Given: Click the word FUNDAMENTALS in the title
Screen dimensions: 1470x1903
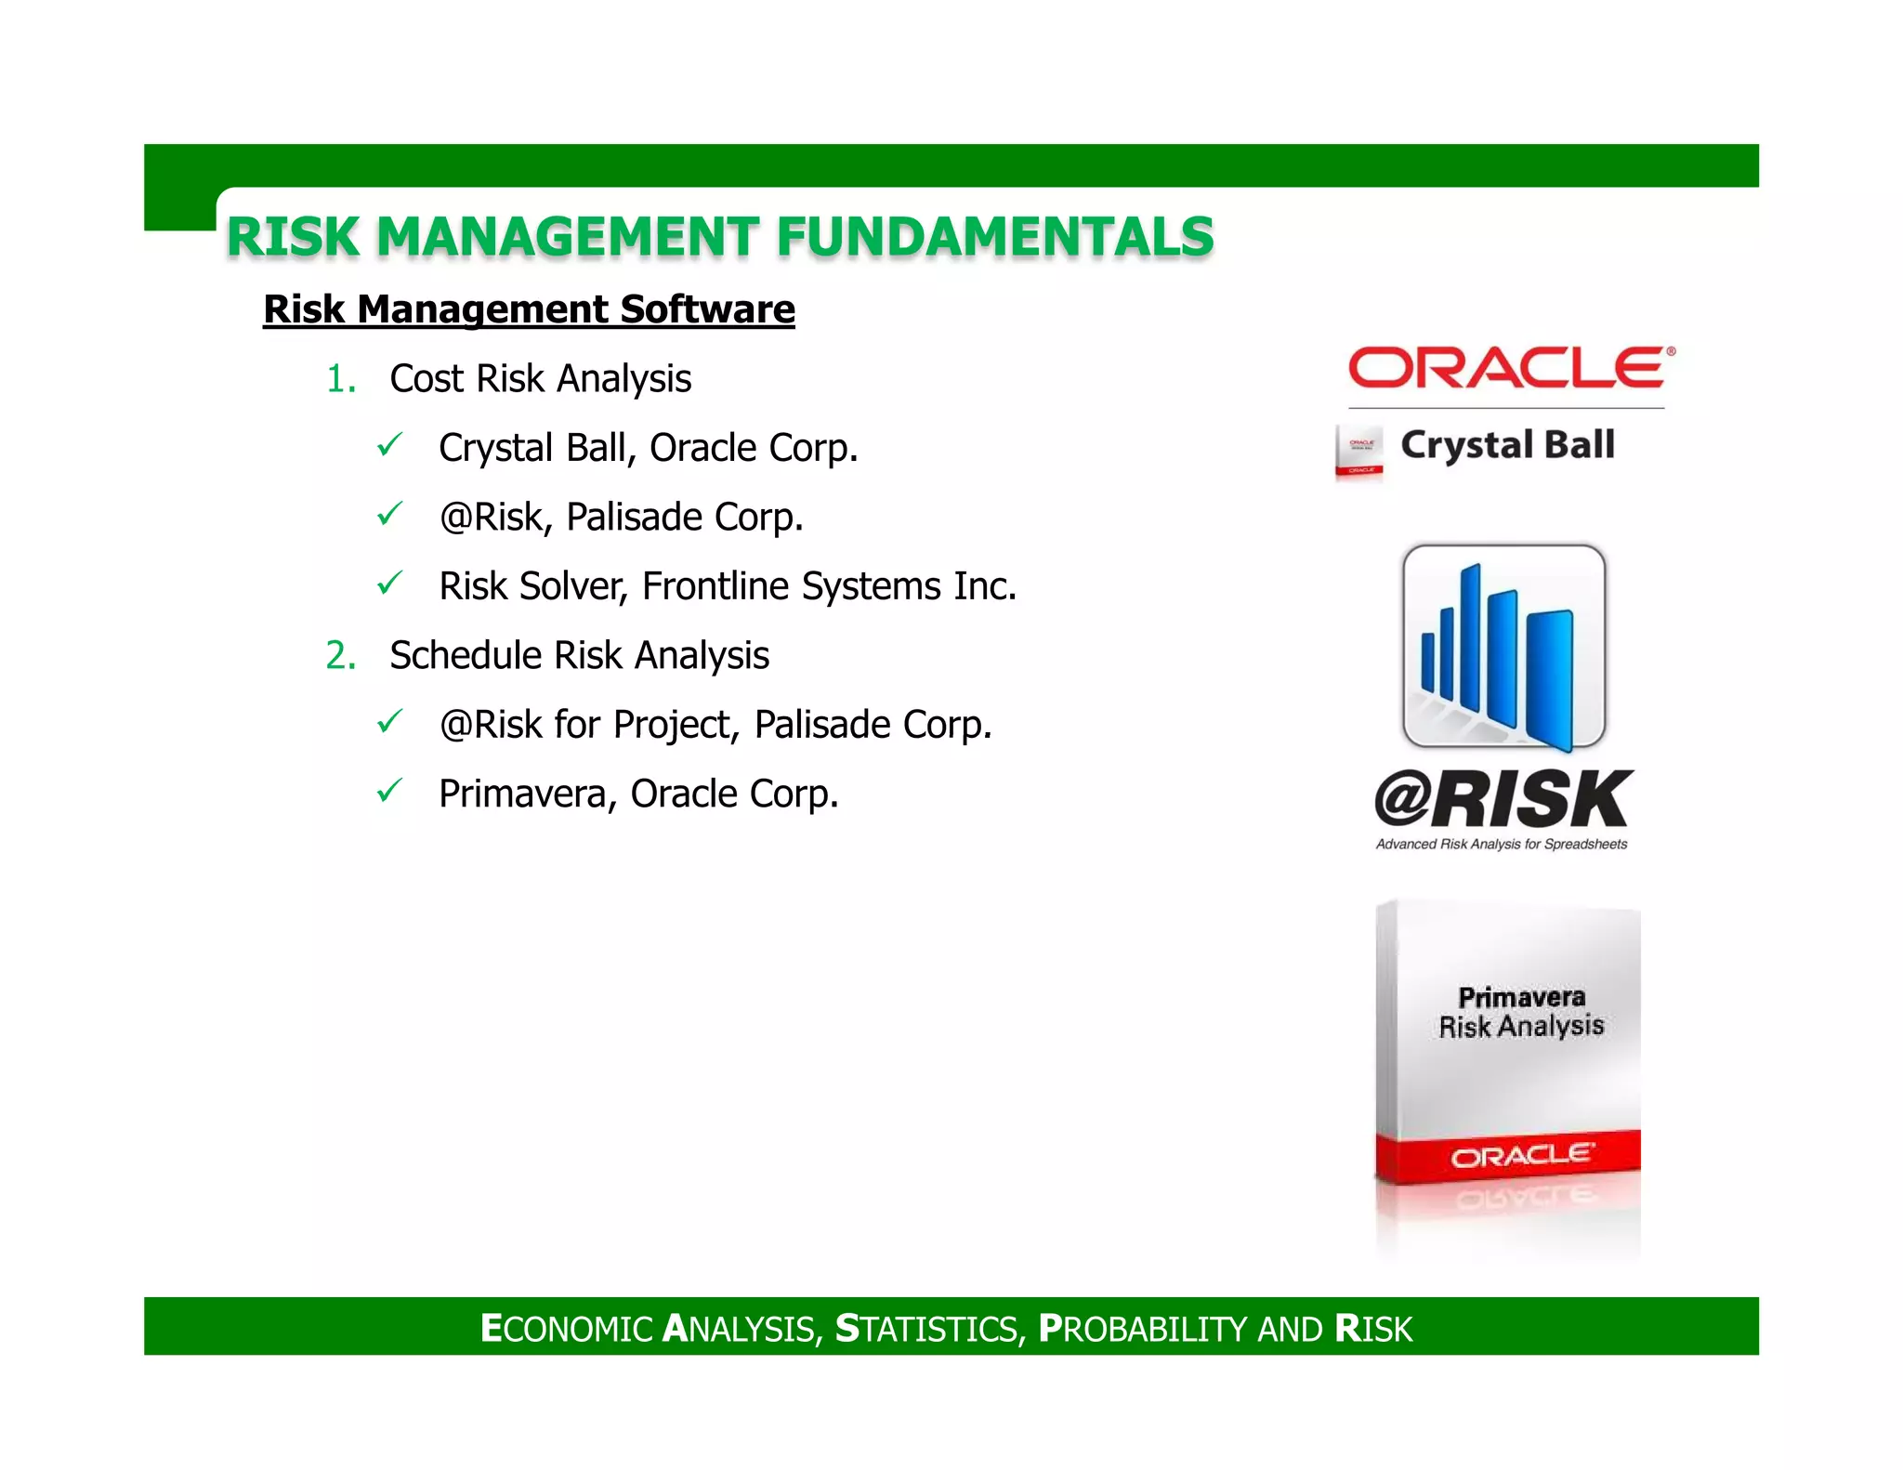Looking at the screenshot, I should tap(995, 236).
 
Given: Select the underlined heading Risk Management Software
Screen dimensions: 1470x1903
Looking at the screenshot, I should tap(529, 309).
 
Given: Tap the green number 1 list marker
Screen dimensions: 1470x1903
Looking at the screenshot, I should tap(340, 379).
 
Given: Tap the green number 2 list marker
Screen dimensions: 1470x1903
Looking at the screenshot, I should tap(340, 656).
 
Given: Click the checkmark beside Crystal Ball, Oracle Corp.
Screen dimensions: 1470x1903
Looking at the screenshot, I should tap(389, 445).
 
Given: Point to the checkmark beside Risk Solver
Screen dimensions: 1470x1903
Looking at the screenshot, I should tap(389, 584).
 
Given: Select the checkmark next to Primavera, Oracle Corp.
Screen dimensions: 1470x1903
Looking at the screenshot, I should tap(389, 791).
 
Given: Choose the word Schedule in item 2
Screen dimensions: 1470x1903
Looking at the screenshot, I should tap(466, 656).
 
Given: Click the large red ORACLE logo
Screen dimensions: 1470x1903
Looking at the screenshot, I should tap(1509, 368).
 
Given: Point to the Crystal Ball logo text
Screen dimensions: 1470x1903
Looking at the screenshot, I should tap(1507, 445).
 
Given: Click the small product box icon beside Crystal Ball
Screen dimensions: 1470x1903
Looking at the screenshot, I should tap(1359, 452).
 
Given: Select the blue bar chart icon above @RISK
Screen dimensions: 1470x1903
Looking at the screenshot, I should tap(1503, 649).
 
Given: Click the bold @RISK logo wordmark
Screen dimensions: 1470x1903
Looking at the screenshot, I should tap(1503, 799).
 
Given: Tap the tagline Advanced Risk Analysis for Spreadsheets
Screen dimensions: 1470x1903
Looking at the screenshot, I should tap(1502, 845).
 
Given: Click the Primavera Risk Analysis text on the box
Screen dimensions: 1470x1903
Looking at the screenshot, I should tap(1521, 1012).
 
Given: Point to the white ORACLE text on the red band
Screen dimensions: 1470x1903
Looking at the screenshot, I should tap(1521, 1156).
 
